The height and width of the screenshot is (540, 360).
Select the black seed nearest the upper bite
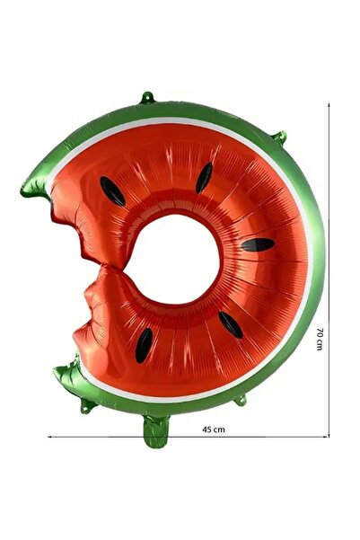[x=112, y=190]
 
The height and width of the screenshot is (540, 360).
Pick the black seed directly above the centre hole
[x=205, y=176]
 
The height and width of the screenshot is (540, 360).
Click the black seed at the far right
[x=258, y=244]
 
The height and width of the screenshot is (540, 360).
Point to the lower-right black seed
[x=230, y=323]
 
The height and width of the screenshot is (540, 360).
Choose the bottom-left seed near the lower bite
[x=144, y=346]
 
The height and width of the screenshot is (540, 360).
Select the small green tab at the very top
[x=147, y=96]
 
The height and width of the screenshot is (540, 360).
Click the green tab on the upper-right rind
[x=279, y=137]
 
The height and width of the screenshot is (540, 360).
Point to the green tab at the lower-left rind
[x=87, y=406]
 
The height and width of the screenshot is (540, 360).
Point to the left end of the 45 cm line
[x=49, y=437]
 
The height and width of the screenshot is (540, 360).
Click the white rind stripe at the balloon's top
[x=180, y=121]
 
